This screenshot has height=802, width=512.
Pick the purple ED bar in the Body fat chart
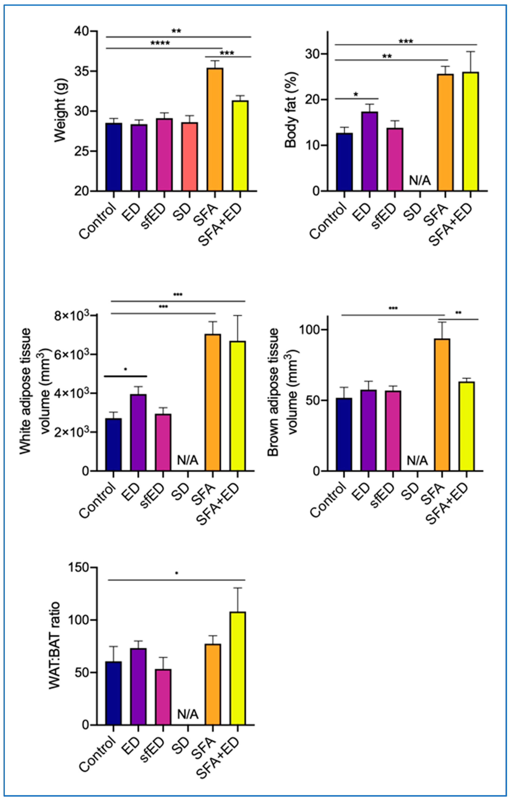pos(369,151)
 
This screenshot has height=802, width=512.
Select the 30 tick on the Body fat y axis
pos(312,54)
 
